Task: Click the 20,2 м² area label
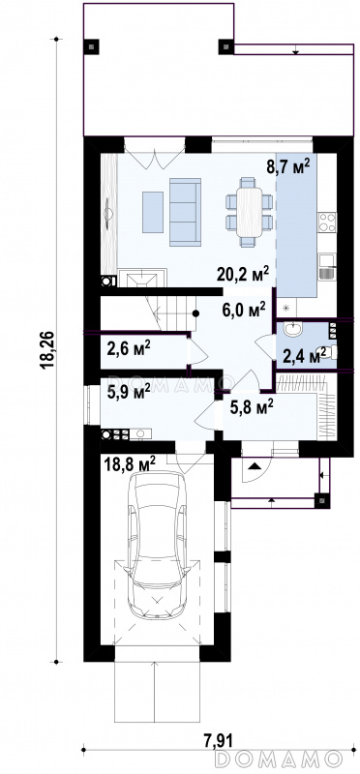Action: (x=243, y=273)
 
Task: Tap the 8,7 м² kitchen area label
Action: (x=289, y=166)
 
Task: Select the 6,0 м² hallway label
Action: (x=244, y=311)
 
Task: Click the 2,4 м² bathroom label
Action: (x=304, y=354)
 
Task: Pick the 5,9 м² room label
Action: (x=129, y=393)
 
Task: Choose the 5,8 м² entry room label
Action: (x=252, y=407)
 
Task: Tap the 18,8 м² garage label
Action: (x=131, y=464)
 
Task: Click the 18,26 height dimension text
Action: (x=47, y=350)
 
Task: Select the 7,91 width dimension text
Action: (x=219, y=739)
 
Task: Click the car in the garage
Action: (x=156, y=545)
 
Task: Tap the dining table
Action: (x=249, y=212)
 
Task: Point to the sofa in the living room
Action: (x=185, y=212)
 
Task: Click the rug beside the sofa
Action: (x=153, y=212)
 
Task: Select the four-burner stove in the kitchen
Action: (x=327, y=223)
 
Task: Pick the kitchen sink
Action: (x=327, y=267)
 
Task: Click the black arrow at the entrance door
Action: (x=255, y=465)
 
